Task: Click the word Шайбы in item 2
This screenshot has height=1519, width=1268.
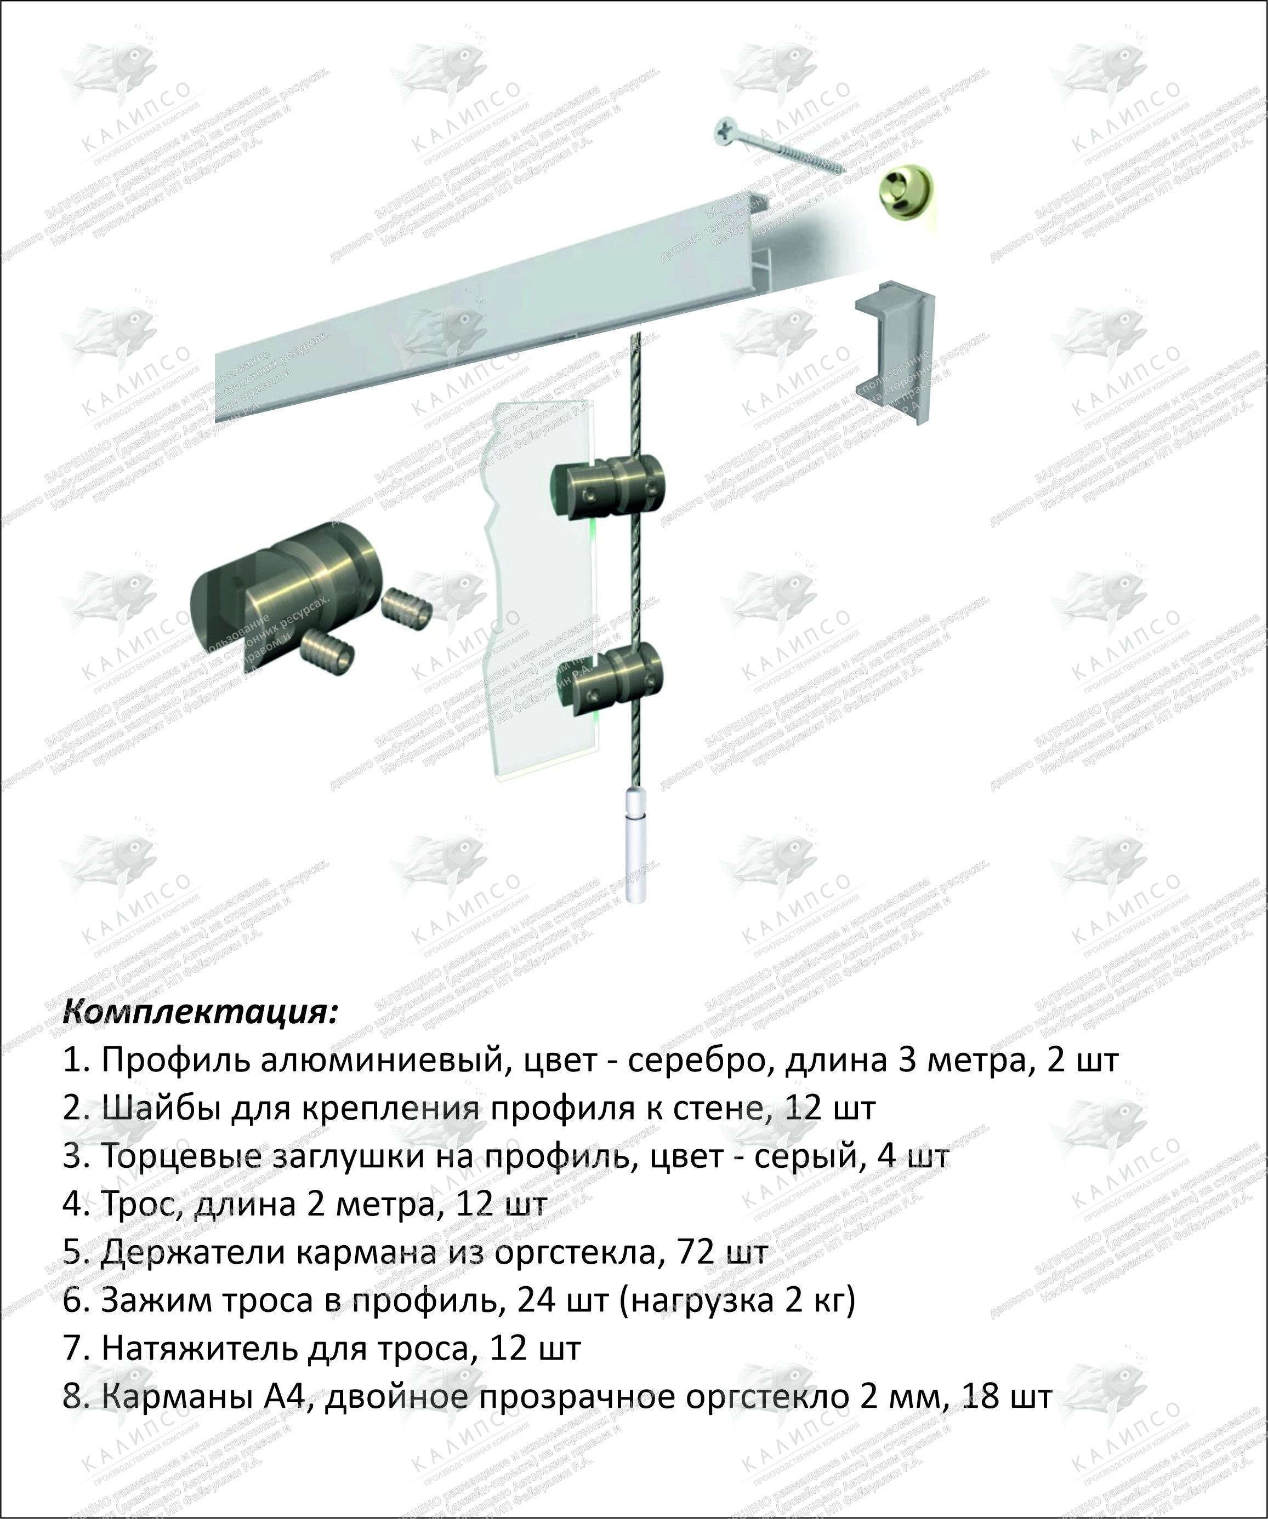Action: [161, 1109]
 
